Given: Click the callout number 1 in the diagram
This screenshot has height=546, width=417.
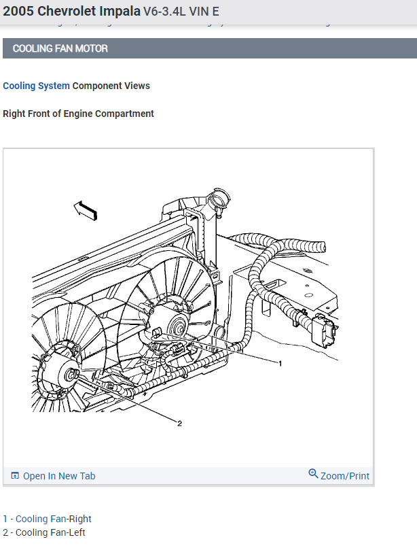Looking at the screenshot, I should [280, 363].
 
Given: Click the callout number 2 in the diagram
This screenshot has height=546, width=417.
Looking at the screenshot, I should [179, 424].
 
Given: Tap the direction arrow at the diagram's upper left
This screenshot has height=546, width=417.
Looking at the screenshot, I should [86, 210].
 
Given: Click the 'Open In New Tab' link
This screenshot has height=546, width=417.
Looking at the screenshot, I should [59, 476].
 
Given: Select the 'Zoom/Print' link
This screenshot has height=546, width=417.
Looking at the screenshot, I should [345, 476].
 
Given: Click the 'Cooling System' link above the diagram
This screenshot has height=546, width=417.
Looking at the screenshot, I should [36, 86].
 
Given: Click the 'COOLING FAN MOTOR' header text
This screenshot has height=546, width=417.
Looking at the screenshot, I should [60, 48].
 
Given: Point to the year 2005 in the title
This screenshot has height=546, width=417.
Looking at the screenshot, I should [18, 12].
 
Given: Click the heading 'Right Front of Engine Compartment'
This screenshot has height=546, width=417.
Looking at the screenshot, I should [78, 114].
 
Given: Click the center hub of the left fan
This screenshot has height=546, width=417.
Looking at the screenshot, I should [70, 373].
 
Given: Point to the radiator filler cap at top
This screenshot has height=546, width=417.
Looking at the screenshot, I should [219, 199].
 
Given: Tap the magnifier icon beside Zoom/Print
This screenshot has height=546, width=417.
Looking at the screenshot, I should [313, 474].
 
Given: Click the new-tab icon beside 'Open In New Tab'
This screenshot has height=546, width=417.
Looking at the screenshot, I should [15, 476].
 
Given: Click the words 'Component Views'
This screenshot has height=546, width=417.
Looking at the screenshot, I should [111, 86].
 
